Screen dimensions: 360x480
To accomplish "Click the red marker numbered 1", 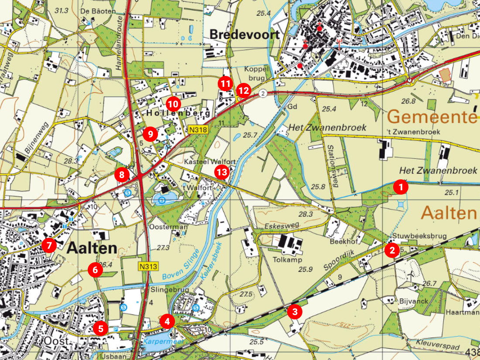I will click(x=400, y=187).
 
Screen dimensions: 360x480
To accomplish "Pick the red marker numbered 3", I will click(x=295, y=312).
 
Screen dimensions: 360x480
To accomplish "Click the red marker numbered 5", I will click(x=101, y=327).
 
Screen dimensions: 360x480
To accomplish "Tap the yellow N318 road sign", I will click(x=198, y=130).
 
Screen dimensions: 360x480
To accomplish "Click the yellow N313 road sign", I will click(x=148, y=266).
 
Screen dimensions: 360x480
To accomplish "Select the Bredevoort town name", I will click(x=238, y=34).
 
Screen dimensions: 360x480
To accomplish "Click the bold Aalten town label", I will click(x=92, y=249).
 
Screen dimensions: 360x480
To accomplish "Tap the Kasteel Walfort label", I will click(x=209, y=161).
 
